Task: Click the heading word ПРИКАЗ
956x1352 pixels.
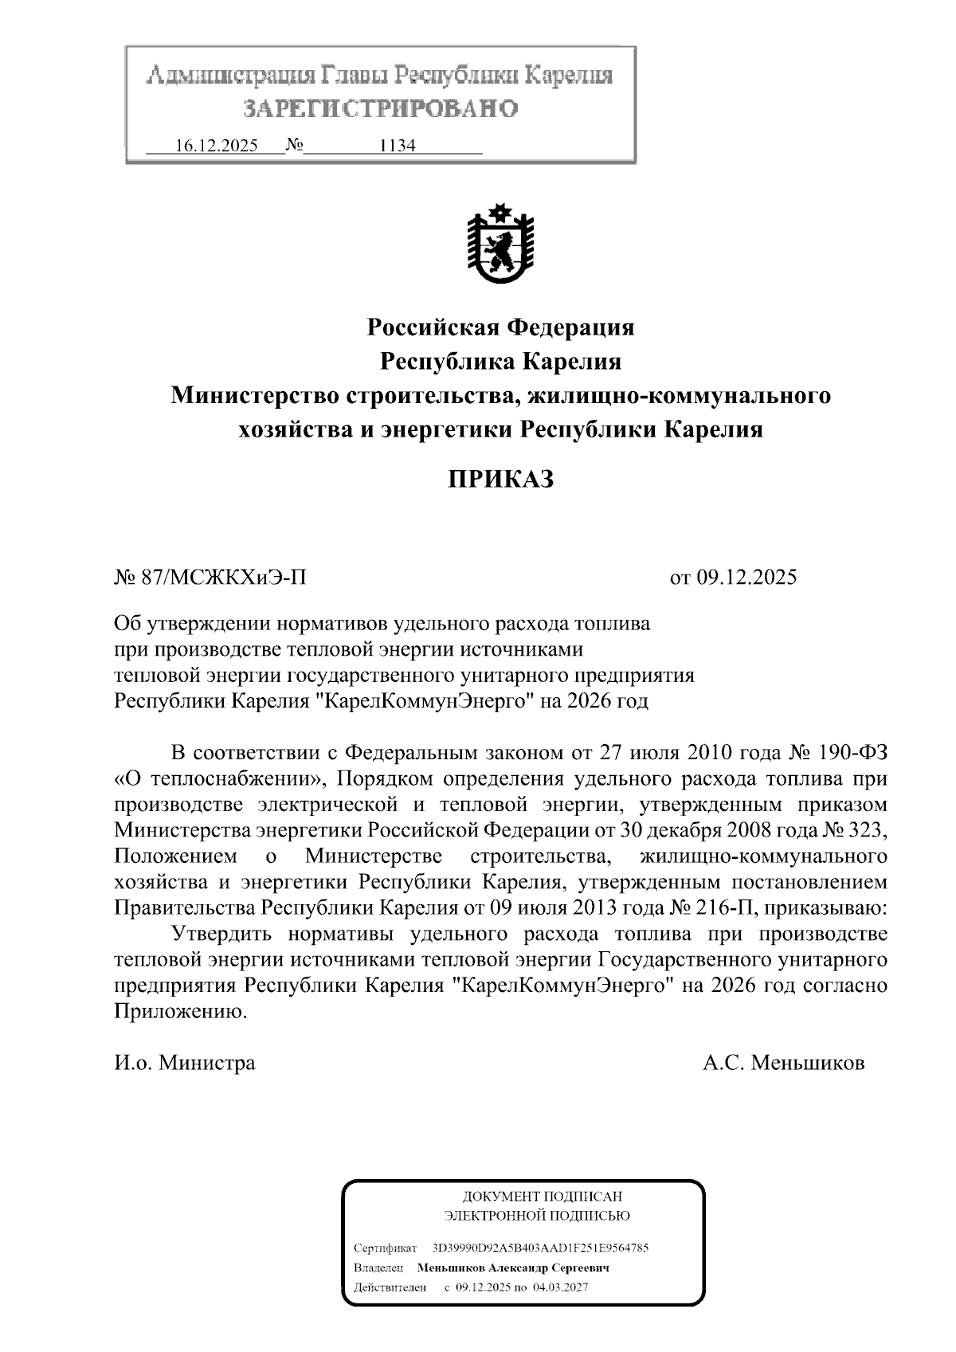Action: pyautogui.click(x=500, y=480)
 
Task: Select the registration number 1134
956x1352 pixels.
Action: pyautogui.click(x=398, y=147)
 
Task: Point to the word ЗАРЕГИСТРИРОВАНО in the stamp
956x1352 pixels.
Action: pyautogui.click(x=380, y=108)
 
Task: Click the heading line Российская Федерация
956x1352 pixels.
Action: pyautogui.click(x=500, y=327)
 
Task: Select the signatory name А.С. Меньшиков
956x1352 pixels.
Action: pyautogui.click(x=783, y=1063)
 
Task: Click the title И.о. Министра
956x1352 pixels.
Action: pyautogui.click(x=185, y=1063)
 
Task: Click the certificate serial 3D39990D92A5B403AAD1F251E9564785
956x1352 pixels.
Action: pyautogui.click(x=539, y=1248)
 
